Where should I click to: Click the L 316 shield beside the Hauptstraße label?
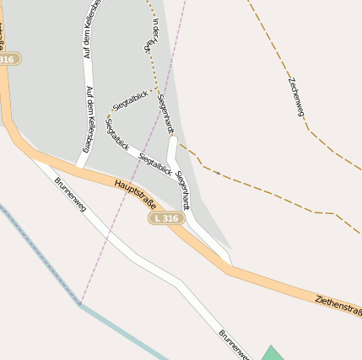click(x=165, y=218)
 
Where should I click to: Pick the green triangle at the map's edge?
click(x=272, y=353)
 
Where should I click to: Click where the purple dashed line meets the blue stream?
click(x=81, y=304)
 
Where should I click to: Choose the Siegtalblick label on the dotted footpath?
click(x=131, y=99)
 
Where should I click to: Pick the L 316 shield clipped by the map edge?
click(x=8, y=59)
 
